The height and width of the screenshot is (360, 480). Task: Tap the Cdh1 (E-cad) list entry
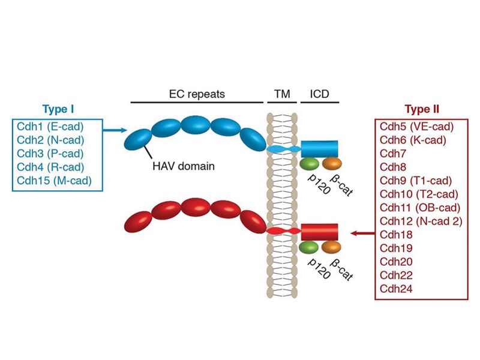[x=53, y=127]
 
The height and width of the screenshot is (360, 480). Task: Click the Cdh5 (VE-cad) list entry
[x=416, y=127]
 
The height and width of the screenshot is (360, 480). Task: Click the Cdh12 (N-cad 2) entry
[x=422, y=220]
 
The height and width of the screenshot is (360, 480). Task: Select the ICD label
[x=319, y=94]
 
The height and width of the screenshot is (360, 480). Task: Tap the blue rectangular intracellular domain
[x=319, y=148]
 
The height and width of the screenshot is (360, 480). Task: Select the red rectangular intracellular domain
[x=319, y=232]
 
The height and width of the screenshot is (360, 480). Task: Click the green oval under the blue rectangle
[x=310, y=163]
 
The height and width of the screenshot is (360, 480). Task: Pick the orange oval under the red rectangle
[x=331, y=247]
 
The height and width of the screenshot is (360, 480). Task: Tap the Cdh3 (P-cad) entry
[x=53, y=153]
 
